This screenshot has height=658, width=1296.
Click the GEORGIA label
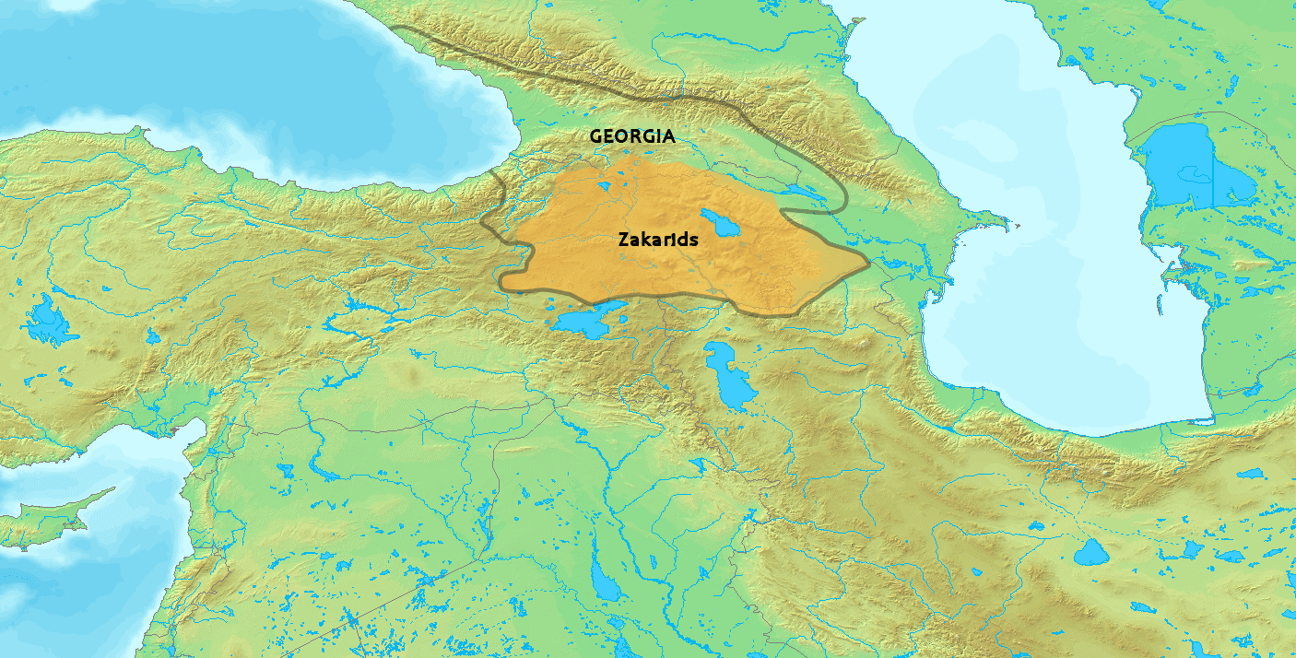coord(632,136)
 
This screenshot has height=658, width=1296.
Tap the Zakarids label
coord(657,240)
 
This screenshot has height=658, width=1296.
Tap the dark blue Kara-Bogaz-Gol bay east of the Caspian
coord(1198,166)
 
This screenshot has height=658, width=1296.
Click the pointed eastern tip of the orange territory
coord(866,263)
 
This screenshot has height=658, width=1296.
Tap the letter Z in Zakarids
coord(622,240)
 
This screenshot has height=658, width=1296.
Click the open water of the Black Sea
coord(230,83)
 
